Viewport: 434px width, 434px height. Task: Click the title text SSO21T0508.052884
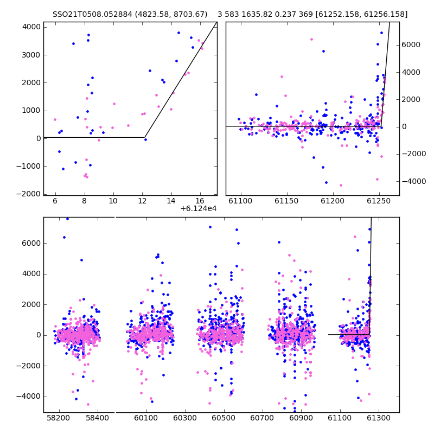pos(92,14)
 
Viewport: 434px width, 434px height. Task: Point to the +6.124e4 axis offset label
pos(199,209)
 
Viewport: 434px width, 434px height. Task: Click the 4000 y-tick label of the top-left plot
pos(31,27)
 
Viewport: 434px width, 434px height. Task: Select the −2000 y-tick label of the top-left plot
pos(29,194)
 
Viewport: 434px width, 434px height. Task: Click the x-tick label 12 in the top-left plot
pos(142,201)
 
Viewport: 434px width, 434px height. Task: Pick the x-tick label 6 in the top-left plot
pos(55,201)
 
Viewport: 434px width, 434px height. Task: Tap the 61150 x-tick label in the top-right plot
pos(287,201)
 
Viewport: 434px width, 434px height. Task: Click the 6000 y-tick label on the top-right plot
pos(411,45)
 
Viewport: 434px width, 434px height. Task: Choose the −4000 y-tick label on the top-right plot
pos(414,182)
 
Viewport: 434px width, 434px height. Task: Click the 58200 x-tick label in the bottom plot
pos(59,418)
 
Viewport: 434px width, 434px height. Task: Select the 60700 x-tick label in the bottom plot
pos(263,418)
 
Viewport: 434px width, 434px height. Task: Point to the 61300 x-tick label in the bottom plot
pos(378,418)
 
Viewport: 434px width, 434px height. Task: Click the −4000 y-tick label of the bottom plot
pos(29,397)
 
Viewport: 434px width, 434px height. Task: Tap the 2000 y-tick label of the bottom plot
pos(31,305)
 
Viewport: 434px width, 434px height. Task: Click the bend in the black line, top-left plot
pos(145,137)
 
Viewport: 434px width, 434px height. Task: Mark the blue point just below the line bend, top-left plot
pos(145,140)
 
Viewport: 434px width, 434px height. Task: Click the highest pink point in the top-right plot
pos(311,39)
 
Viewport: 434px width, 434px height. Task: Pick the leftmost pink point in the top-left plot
pos(55,119)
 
